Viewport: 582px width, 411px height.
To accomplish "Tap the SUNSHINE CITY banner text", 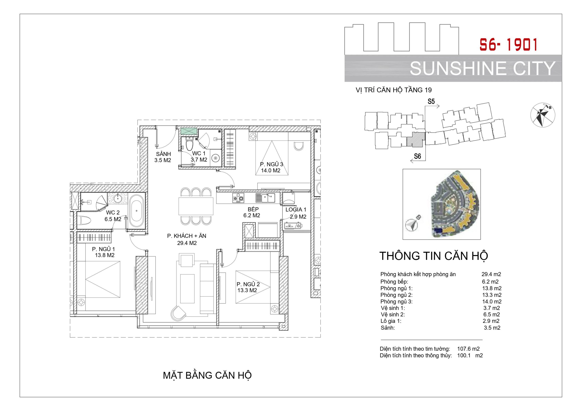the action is pyautogui.click(x=483, y=68).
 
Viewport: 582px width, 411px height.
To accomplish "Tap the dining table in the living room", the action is pyautogui.click(x=196, y=206).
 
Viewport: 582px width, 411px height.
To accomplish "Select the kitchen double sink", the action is pyautogui.click(x=265, y=198).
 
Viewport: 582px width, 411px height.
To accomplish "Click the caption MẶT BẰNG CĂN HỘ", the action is pyautogui.click(x=207, y=376).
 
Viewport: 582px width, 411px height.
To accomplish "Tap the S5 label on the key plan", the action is pyautogui.click(x=431, y=102).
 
